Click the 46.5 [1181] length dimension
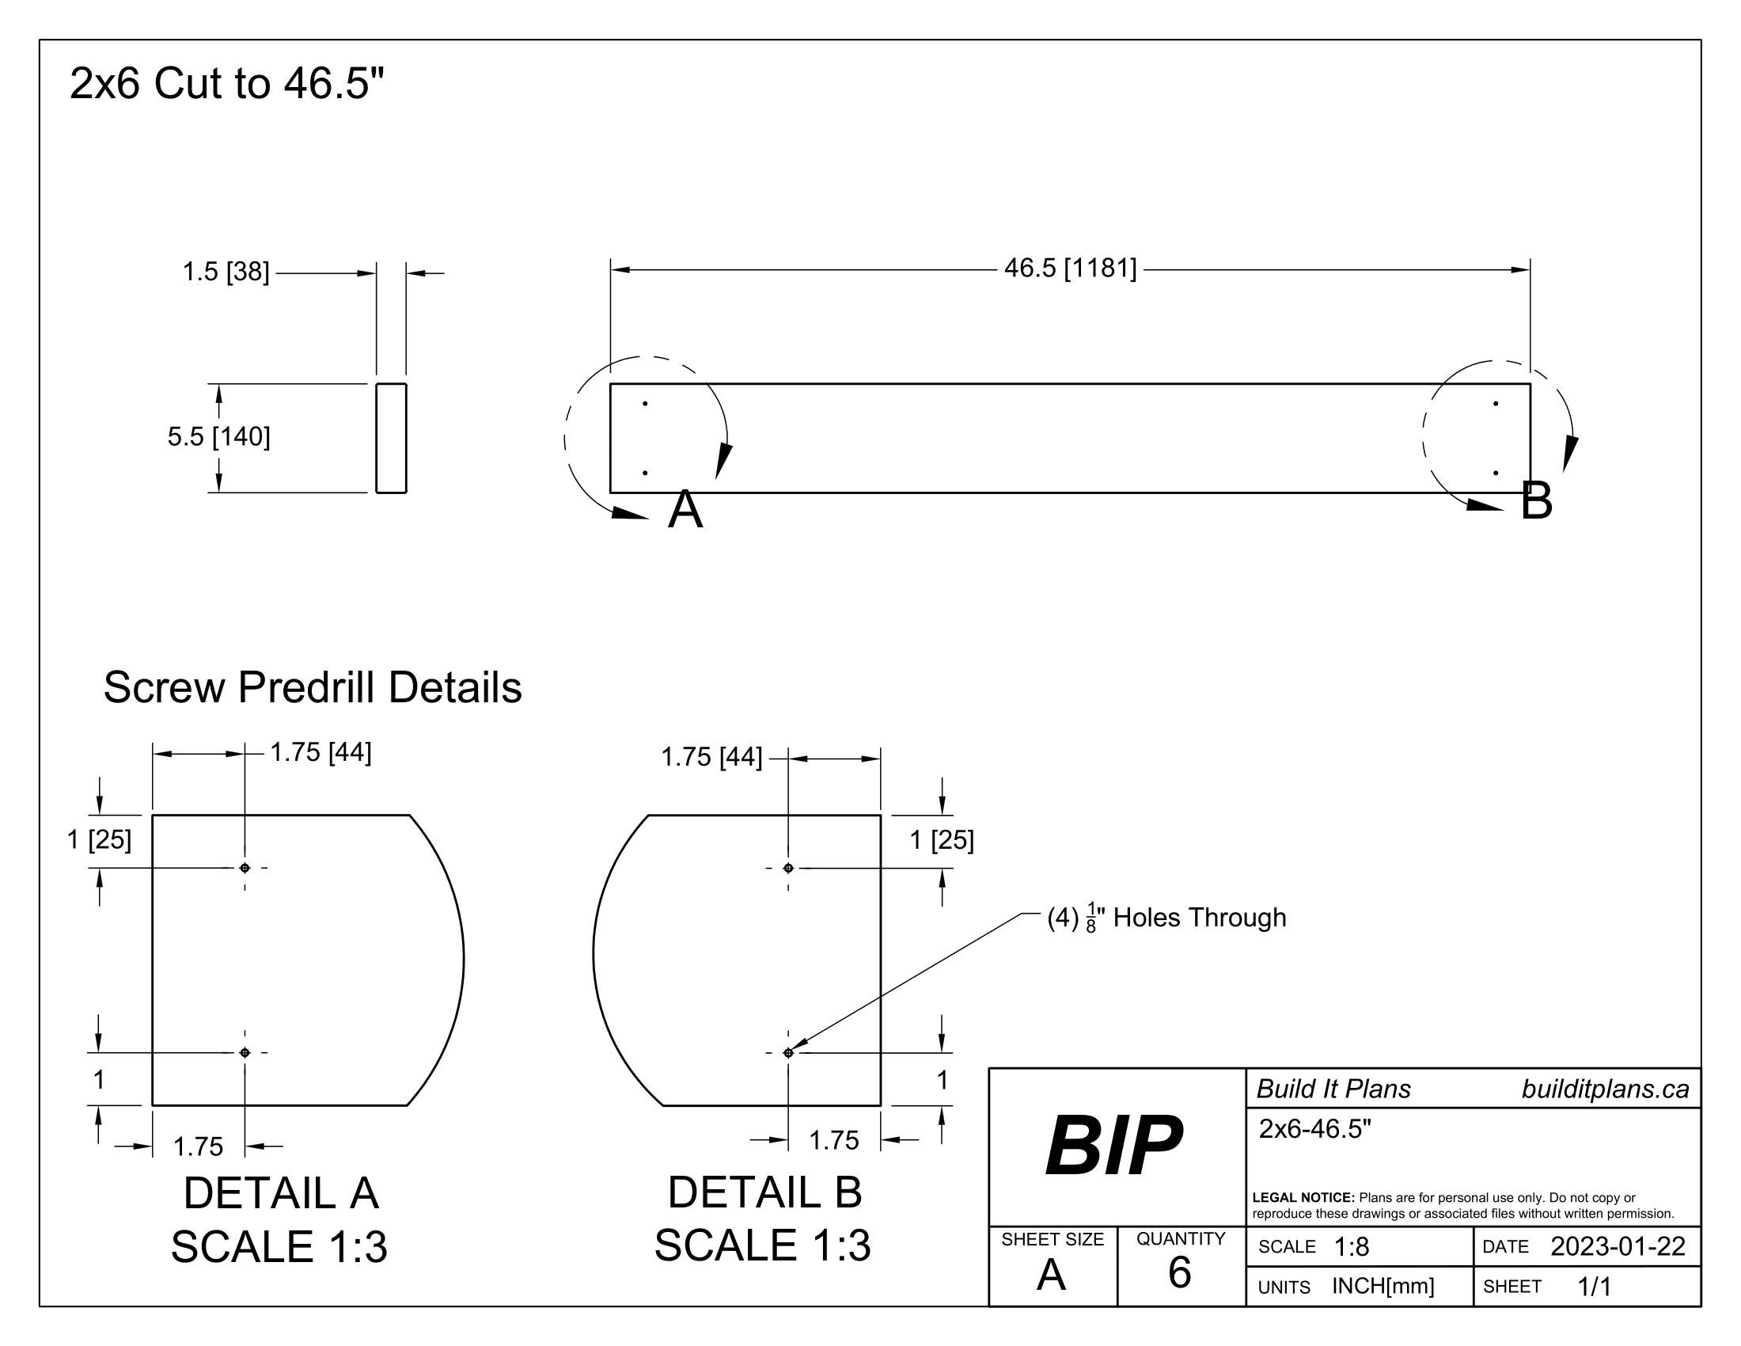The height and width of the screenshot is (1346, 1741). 1070,268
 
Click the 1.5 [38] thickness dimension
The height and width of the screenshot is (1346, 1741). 226,272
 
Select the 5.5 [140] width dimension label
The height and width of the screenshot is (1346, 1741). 218,437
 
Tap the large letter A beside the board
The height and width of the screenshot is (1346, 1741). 685,510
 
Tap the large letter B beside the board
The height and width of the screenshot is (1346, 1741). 1536,500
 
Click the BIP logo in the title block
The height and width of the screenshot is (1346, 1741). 1113,1146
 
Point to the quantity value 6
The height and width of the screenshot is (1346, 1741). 1179,1272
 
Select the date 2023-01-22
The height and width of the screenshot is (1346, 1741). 1618,1246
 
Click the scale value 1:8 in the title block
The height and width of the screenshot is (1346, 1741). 1351,1247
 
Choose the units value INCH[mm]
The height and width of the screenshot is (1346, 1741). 1383,1286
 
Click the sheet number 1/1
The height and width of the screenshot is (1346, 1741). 1594,1286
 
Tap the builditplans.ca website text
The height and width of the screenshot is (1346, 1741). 1605,1089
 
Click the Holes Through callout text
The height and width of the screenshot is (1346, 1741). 1199,918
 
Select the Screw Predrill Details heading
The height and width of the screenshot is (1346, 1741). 313,687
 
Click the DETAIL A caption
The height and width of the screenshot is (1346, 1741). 281,1194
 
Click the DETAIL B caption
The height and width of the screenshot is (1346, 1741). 764,1193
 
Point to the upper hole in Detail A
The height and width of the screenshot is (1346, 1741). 245,868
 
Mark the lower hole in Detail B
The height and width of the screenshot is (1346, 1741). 788,1052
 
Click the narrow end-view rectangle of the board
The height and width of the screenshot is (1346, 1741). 392,438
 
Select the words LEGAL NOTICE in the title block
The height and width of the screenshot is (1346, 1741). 1303,1198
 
